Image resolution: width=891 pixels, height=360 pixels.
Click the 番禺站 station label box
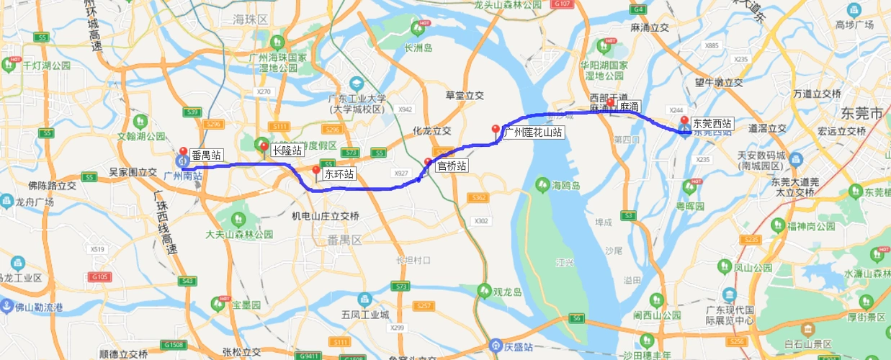(x=206, y=155)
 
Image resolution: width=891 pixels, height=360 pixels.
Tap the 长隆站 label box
(x=287, y=150)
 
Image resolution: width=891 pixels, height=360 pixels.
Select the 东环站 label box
(x=339, y=174)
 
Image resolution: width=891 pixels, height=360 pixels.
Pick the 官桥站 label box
(x=452, y=166)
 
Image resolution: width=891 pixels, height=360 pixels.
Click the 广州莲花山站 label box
(x=532, y=132)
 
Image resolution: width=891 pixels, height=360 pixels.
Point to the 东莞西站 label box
(x=712, y=123)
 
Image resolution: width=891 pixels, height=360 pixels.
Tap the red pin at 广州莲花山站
(x=495, y=130)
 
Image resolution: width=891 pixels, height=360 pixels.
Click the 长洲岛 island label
(x=418, y=48)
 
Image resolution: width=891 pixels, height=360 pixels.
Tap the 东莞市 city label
(x=861, y=114)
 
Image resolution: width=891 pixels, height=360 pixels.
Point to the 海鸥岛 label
(x=565, y=186)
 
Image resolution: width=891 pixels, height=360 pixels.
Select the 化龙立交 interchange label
(x=431, y=131)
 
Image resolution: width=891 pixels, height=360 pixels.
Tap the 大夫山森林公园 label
(x=239, y=234)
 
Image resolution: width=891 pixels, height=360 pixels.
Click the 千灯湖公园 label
(x=46, y=65)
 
